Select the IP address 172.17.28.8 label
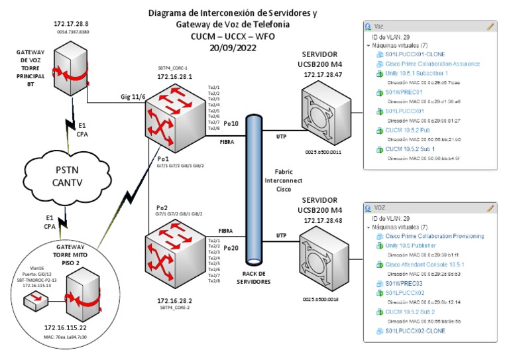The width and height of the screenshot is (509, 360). click(x=71, y=24)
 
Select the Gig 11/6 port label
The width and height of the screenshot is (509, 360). click(x=133, y=97)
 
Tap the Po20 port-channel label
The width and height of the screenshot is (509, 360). click(x=231, y=248)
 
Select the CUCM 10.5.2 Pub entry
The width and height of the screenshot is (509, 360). click(x=412, y=131)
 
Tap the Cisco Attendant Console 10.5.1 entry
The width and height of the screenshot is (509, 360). click(x=425, y=264)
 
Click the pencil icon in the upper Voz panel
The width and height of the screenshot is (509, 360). click(x=490, y=27)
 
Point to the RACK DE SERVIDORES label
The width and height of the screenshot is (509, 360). click(x=253, y=276)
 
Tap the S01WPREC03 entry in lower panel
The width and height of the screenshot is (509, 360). click(x=404, y=283)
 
